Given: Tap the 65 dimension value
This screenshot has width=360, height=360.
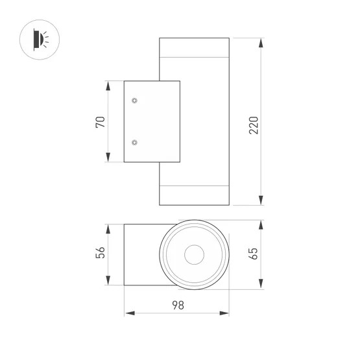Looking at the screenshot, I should (254, 254).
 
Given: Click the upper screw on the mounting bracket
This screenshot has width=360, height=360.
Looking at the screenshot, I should (134, 101).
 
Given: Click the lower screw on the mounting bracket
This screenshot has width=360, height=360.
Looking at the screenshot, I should (134, 142).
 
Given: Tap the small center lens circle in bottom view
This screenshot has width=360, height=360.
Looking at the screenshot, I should (194, 255).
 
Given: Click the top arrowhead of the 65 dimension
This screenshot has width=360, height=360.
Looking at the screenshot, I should (261, 224).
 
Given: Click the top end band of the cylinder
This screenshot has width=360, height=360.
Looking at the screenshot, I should (194, 47).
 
